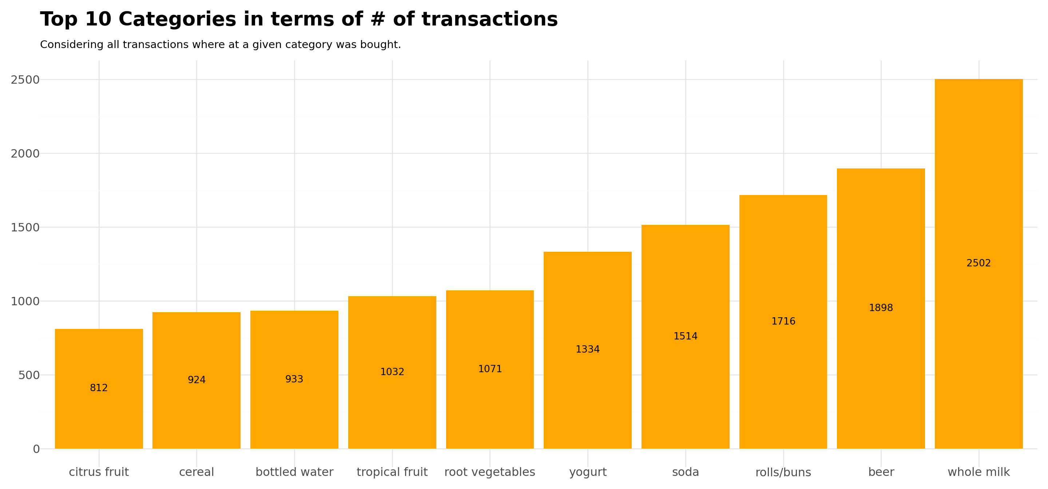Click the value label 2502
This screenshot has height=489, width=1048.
[978, 263]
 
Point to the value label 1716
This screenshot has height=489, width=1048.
[783, 321]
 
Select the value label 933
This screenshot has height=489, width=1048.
[294, 379]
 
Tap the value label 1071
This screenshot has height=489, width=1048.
[490, 369]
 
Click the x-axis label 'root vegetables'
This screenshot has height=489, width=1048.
[490, 472]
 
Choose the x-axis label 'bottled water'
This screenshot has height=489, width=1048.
[294, 472]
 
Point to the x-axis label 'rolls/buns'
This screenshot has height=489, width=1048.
[783, 472]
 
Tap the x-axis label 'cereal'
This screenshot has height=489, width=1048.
[196, 472]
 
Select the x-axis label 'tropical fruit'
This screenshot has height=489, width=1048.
[392, 472]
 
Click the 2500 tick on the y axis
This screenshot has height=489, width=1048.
[25, 80]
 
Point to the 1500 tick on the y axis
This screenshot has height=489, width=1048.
[25, 227]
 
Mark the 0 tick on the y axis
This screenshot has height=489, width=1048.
[36, 449]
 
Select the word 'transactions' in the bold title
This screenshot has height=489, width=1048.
[489, 20]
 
